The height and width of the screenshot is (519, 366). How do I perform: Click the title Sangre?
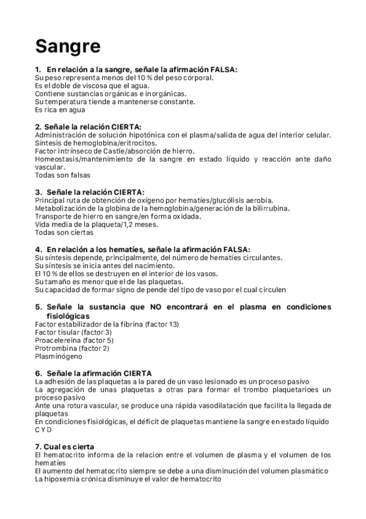coord(67,45)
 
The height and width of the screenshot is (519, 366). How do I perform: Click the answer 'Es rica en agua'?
coord(60,110)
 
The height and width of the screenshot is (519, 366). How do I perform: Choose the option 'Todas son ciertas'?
coord(64,233)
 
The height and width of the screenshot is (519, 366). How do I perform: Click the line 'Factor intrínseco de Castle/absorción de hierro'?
coord(115,151)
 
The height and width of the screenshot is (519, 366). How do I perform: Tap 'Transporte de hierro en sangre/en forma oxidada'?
coord(119,217)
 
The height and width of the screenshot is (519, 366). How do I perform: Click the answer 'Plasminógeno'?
coord(59,355)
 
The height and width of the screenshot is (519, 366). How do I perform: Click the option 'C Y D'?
coord(45,430)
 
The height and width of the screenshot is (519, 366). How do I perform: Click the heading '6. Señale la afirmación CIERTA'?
coord(93,373)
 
